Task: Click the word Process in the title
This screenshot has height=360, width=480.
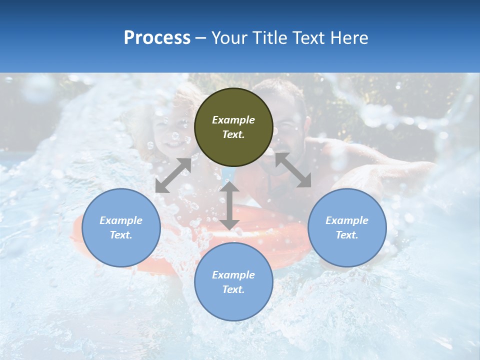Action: pos(157,38)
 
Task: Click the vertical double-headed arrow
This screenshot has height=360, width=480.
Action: pos(229,205)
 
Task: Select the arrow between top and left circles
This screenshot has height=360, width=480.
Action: pos(173,175)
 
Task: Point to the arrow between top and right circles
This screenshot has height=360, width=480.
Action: pos(293,170)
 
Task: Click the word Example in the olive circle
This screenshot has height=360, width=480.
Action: pos(233,120)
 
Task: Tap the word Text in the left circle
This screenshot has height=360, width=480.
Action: pos(121,235)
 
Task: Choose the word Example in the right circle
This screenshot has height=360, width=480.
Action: pos(347,220)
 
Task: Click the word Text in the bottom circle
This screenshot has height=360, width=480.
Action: pos(233,289)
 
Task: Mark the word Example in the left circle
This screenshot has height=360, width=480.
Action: pos(121,220)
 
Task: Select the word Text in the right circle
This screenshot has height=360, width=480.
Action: pos(347,235)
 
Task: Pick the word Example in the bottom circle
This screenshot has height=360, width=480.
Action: pos(233,275)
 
